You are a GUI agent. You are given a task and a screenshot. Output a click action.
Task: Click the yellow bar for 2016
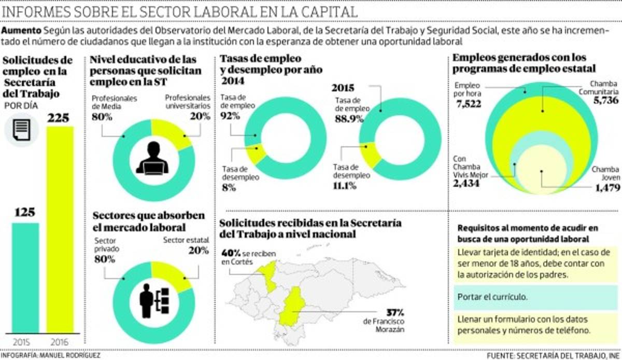60,228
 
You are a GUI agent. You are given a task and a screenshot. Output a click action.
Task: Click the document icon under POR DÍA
22,129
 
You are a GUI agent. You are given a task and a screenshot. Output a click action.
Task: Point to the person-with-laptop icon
152,158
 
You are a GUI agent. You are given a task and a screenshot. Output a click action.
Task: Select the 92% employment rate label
230,116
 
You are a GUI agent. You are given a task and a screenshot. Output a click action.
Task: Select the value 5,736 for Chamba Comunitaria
604,100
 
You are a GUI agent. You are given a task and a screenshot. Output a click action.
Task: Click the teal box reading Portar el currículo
535,297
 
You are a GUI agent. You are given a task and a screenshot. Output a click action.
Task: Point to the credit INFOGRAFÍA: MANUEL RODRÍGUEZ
50,356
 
